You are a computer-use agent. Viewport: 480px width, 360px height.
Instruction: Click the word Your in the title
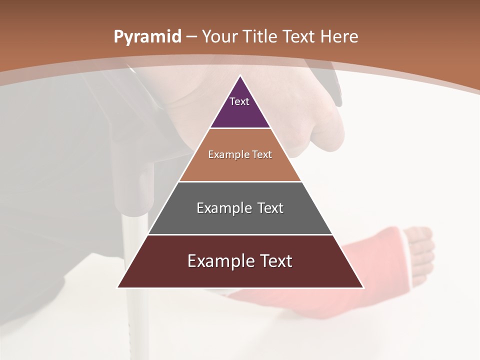219,36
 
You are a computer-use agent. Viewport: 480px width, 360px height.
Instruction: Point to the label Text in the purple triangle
239,101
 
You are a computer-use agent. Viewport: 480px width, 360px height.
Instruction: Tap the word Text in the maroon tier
272,261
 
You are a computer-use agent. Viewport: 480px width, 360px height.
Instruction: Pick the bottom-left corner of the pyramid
118,287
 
